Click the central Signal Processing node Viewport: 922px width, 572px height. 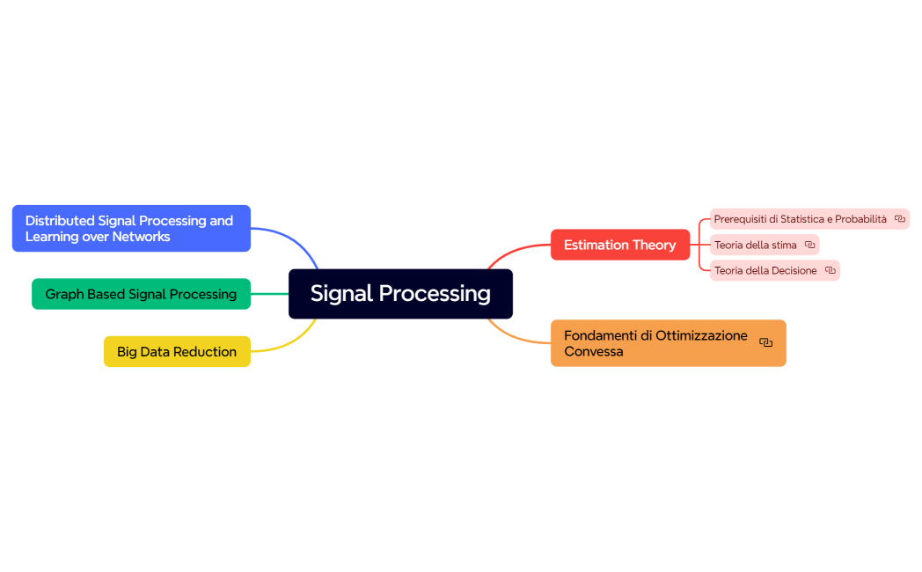click(x=400, y=294)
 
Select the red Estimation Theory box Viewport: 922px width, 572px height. click(x=619, y=245)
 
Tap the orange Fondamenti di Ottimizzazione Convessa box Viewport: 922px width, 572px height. click(x=655, y=343)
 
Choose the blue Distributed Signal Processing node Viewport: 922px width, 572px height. click(x=130, y=229)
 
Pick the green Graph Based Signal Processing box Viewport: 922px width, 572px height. click(x=141, y=294)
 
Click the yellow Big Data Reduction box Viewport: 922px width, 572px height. click(x=176, y=352)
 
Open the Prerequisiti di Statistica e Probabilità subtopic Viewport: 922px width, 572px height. click(x=800, y=219)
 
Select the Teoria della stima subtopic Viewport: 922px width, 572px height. click(x=755, y=245)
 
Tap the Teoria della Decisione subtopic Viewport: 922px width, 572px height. click(x=765, y=270)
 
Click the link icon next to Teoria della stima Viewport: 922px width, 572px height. click(x=809, y=245)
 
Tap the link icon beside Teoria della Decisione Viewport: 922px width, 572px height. click(x=830, y=270)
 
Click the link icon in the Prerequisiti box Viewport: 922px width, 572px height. click(x=899, y=219)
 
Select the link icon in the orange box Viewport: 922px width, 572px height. click(x=765, y=343)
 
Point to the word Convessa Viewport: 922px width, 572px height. click(x=593, y=352)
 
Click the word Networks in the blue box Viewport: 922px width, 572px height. click(x=141, y=237)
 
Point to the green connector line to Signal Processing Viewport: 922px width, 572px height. click(x=270, y=294)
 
